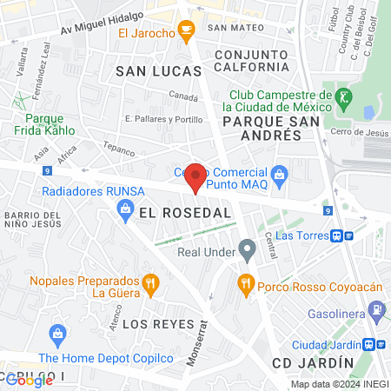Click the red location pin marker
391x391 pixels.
(195, 177)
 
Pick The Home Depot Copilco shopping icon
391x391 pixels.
(58, 334)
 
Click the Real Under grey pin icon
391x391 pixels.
(249, 253)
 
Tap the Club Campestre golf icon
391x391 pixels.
(345, 95)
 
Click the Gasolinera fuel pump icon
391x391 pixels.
(376, 308)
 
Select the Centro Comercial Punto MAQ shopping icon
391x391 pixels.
(278, 175)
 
